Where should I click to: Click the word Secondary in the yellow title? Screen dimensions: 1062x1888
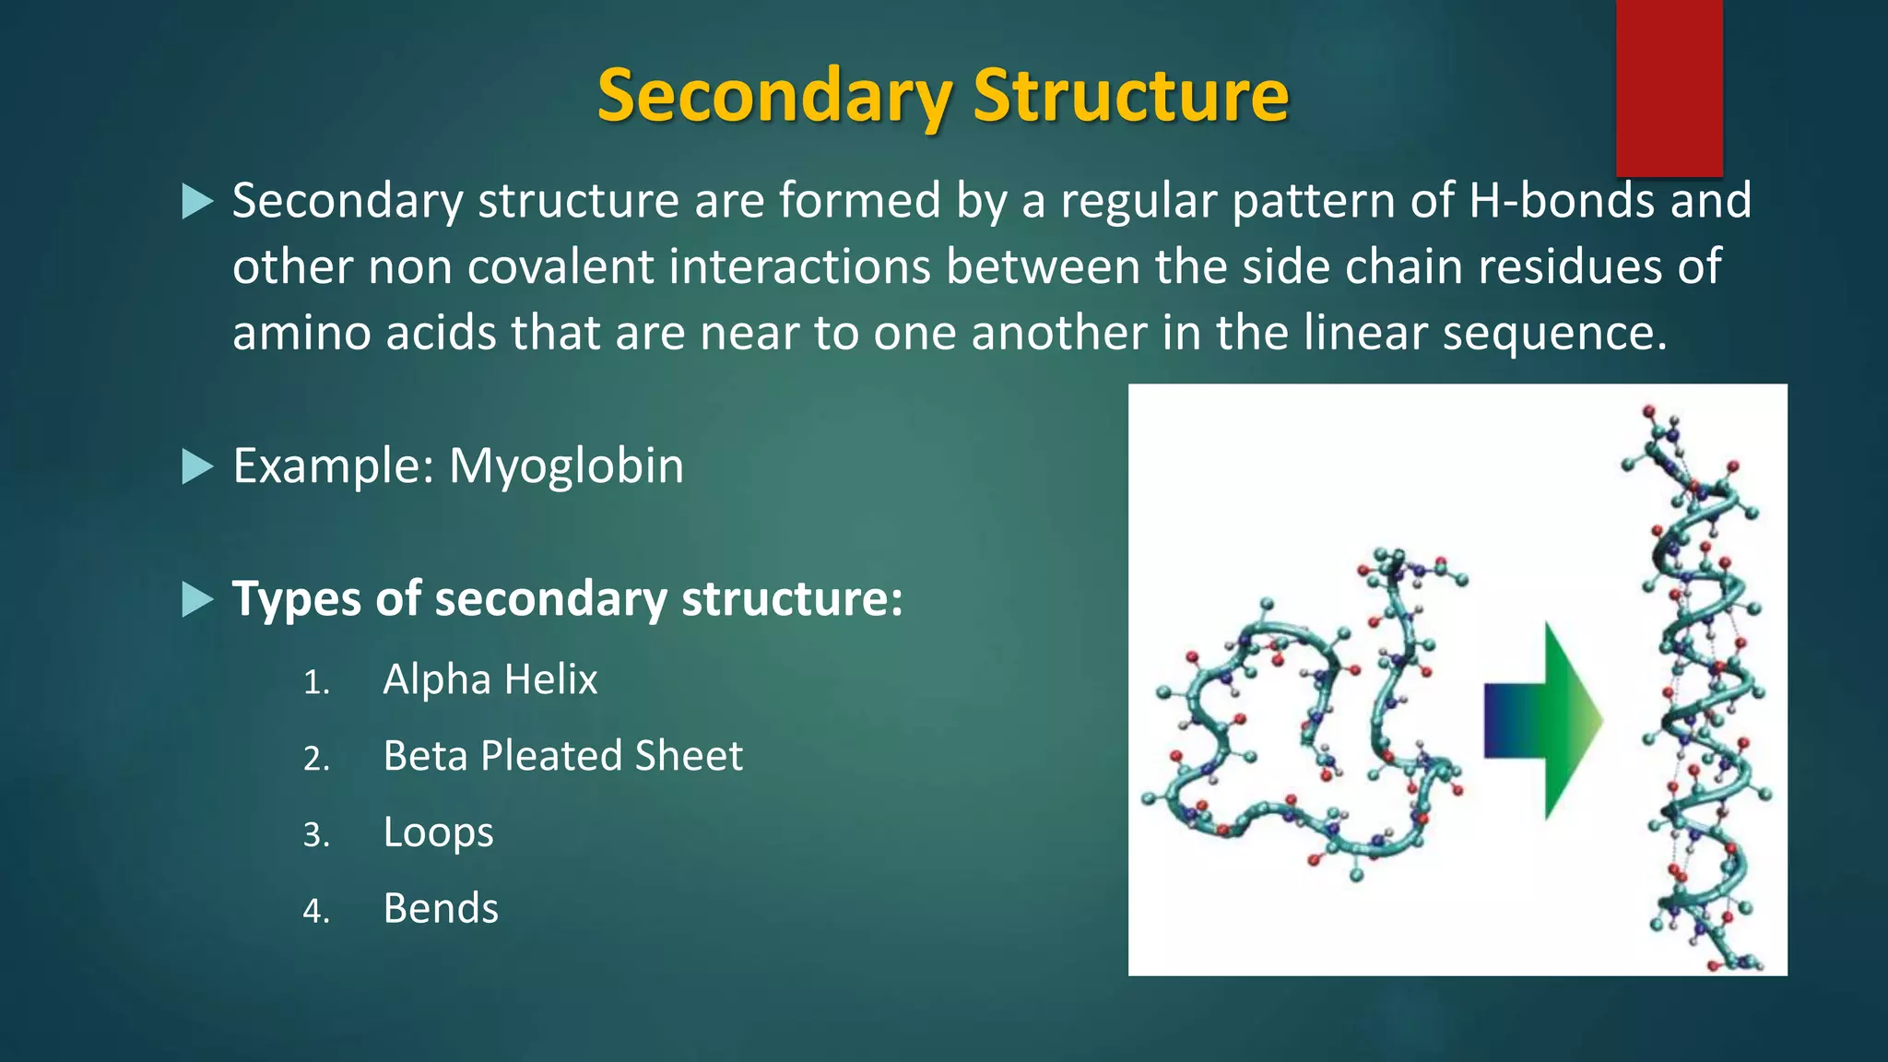pos(774,96)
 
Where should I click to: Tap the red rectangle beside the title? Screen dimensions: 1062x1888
pos(1669,88)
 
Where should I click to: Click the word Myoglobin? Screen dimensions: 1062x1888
pos(566,466)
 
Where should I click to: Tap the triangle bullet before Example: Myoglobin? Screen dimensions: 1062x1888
pos(197,466)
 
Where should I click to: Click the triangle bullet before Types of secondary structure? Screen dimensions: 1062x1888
pos(197,599)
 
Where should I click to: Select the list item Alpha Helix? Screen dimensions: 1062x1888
pos(490,680)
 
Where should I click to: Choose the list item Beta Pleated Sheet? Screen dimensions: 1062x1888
pos(562,757)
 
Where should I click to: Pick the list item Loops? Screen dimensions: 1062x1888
pos(438,833)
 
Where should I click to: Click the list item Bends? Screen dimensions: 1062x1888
pos(441,909)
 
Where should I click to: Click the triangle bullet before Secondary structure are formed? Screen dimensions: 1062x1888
pos(197,201)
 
